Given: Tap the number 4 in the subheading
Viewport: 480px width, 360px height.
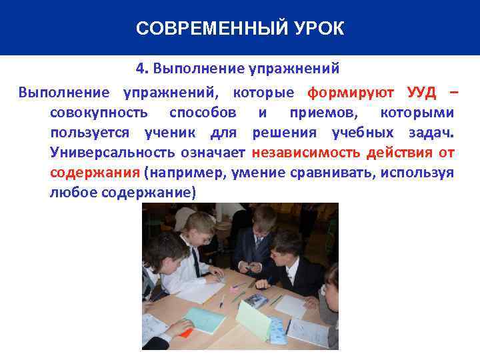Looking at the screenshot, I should (x=139, y=68).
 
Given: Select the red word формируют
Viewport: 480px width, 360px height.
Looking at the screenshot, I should (x=351, y=91).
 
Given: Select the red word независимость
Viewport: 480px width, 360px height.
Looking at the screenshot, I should (x=306, y=153).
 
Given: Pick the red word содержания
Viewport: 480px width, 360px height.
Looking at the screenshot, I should (x=93, y=173).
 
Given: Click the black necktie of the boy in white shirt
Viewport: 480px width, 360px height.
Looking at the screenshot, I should (x=196, y=261).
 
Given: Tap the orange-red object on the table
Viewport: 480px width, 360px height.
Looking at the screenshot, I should (x=185, y=331).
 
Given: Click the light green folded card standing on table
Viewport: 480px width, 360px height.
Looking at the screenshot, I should (x=254, y=320).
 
